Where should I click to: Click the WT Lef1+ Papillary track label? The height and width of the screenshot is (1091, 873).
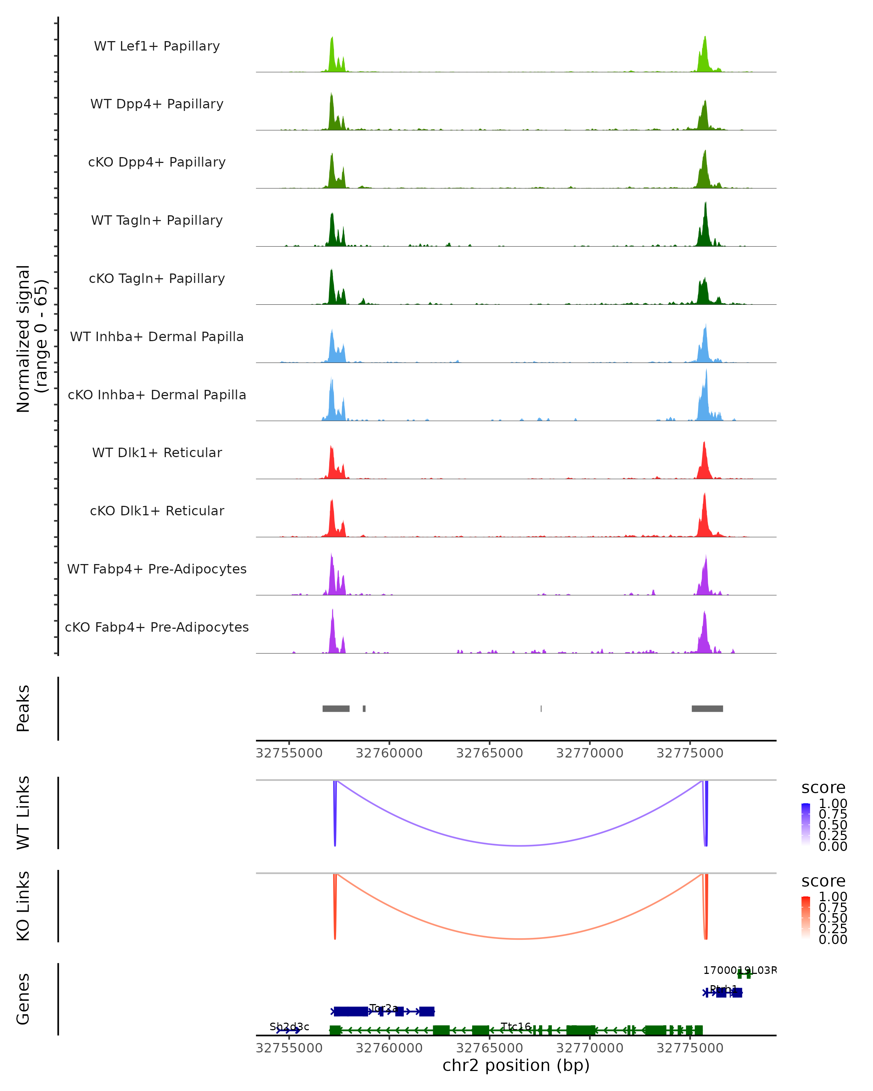tap(157, 46)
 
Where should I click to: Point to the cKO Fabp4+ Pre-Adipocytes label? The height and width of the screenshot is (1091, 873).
tap(157, 627)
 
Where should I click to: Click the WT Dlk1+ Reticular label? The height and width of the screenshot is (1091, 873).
tap(157, 452)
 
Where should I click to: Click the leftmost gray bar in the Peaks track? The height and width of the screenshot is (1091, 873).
tap(335, 708)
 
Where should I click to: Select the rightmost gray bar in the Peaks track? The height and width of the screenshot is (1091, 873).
tap(707, 708)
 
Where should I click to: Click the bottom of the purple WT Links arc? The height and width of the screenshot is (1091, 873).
tap(520, 846)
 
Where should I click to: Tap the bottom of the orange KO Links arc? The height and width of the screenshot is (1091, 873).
tap(520, 939)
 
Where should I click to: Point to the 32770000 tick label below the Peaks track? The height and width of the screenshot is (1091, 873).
tap(590, 753)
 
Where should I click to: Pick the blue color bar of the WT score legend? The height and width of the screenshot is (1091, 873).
tap(806, 824)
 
